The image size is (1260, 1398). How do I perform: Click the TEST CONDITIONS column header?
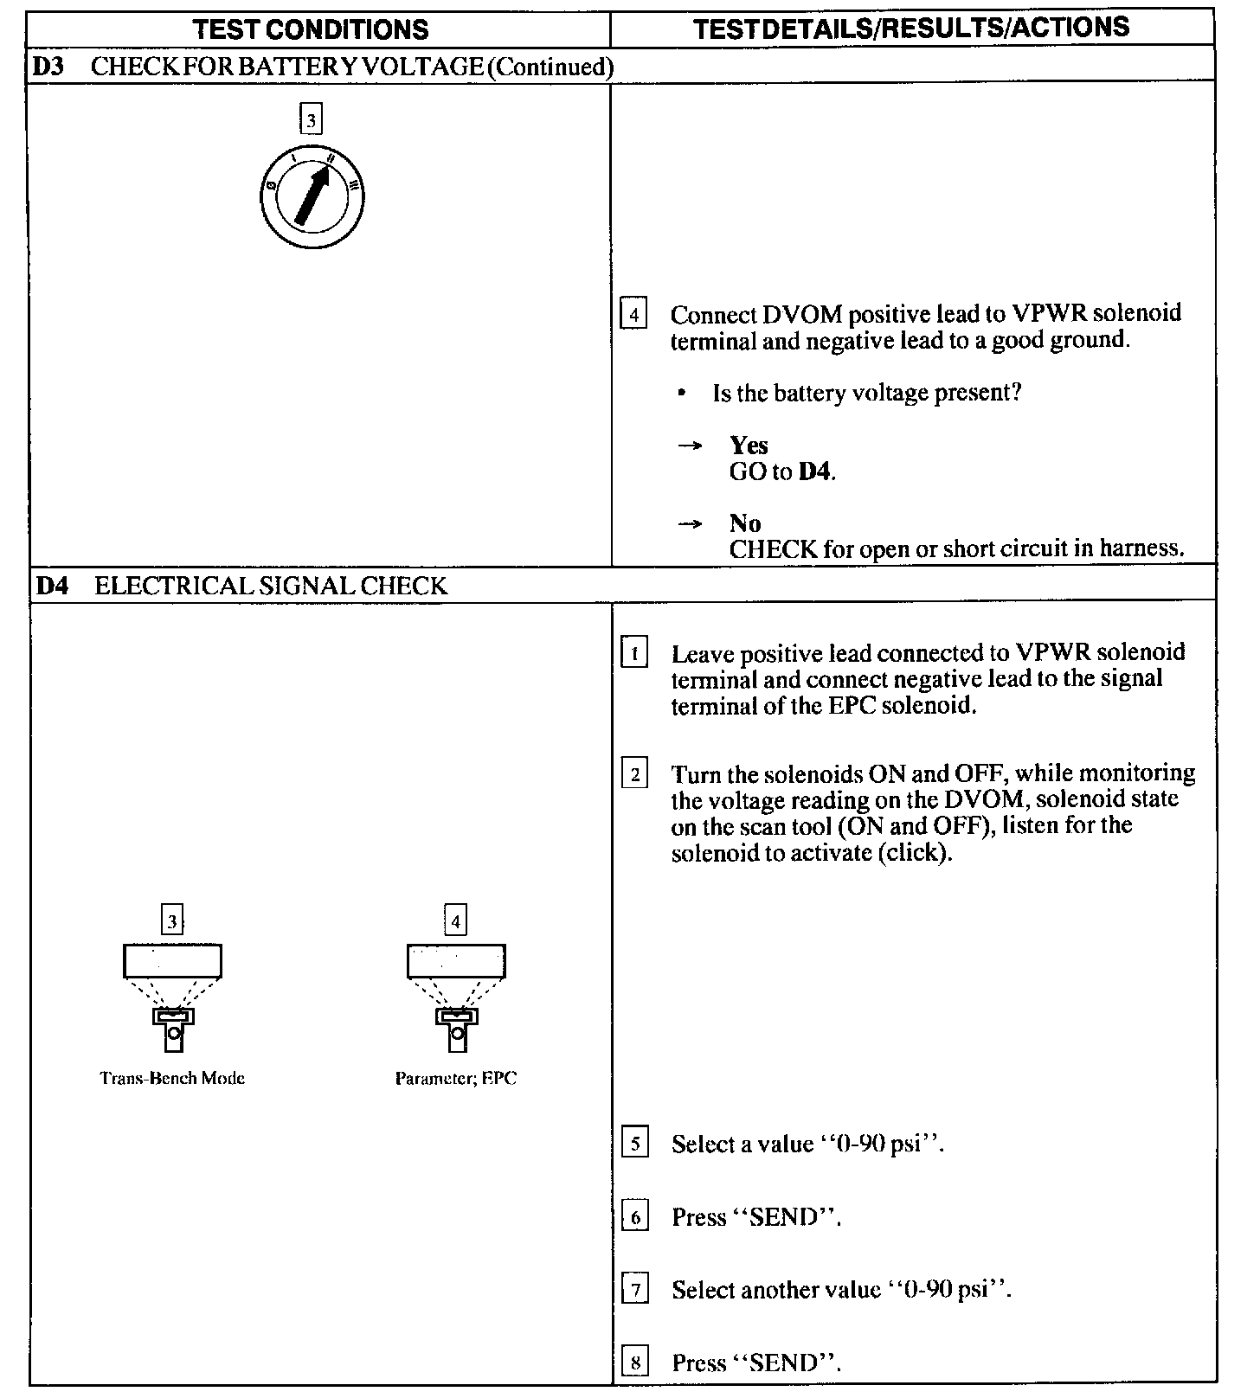pos(311,29)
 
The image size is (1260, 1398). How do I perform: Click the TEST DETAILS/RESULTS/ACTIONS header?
pos(911,28)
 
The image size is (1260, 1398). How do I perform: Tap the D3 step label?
pos(49,67)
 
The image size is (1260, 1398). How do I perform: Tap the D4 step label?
pos(52,586)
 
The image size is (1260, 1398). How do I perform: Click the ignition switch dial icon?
pos(312,197)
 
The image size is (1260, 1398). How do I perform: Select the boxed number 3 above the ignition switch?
pos(311,119)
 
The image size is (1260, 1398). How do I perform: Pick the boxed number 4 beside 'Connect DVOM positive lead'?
pos(634,314)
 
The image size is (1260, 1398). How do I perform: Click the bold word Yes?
pos(749,445)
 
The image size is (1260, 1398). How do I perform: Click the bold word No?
pos(745,523)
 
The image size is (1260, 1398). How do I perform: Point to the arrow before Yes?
pos(689,446)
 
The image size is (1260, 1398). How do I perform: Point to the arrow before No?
pos(689,524)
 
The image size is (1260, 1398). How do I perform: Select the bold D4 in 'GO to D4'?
pos(815,472)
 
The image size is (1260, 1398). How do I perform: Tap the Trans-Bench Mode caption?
pos(172,1078)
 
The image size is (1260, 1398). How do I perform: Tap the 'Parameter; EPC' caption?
pos(456,1078)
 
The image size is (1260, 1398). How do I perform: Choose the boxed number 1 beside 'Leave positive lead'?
pos(634,653)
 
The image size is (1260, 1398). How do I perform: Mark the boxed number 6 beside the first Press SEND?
pos(635,1218)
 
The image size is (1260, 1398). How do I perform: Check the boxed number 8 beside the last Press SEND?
pos(635,1363)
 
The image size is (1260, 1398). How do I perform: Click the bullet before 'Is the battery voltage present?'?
pos(684,394)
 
